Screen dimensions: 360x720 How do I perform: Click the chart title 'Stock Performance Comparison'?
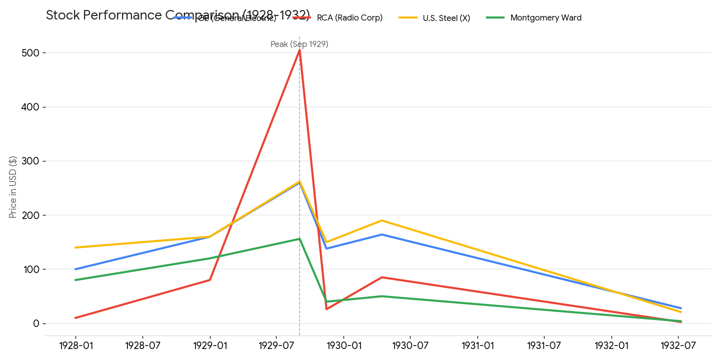pyautogui.click(x=177, y=15)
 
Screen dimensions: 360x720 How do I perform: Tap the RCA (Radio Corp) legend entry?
pyautogui.click(x=349, y=18)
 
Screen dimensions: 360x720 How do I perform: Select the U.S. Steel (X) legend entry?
pyautogui.click(x=446, y=18)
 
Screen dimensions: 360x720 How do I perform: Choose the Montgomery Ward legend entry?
pyautogui.click(x=545, y=18)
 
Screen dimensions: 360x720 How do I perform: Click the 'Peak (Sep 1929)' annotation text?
pyautogui.click(x=299, y=44)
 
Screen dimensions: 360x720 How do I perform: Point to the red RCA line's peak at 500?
pyautogui.click(x=299, y=50)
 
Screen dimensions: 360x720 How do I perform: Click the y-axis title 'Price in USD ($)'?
pyautogui.click(x=13, y=187)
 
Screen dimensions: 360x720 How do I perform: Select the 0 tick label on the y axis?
pyautogui.click(x=36, y=323)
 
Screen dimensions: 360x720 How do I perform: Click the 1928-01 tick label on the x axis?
pyautogui.click(x=76, y=345)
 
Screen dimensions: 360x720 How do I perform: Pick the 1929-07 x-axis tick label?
pyautogui.click(x=276, y=345)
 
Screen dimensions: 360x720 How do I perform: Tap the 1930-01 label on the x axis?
pyautogui.click(x=343, y=345)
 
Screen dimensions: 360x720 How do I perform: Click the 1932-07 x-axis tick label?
pyautogui.click(x=678, y=345)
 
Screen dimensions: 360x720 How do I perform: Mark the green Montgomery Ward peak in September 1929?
pyautogui.click(x=299, y=239)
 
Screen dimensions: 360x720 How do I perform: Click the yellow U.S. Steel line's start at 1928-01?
pyautogui.click(x=76, y=247)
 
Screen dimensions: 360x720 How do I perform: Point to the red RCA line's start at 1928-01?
pyautogui.click(x=76, y=318)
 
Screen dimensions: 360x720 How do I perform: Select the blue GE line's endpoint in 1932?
pyautogui.click(x=680, y=308)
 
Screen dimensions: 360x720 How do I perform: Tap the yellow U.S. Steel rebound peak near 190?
pyautogui.click(x=382, y=220)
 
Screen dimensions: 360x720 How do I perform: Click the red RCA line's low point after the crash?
pyautogui.click(x=326, y=309)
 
